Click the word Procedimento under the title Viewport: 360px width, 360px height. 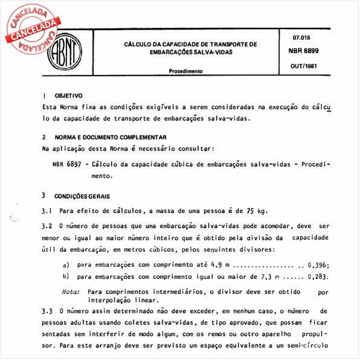click(x=186, y=71)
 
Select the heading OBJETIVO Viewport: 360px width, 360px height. click(x=69, y=96)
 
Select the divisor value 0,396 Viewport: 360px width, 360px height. click(x=317, y=265)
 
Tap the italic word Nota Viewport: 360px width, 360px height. click(x=70, y=291)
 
